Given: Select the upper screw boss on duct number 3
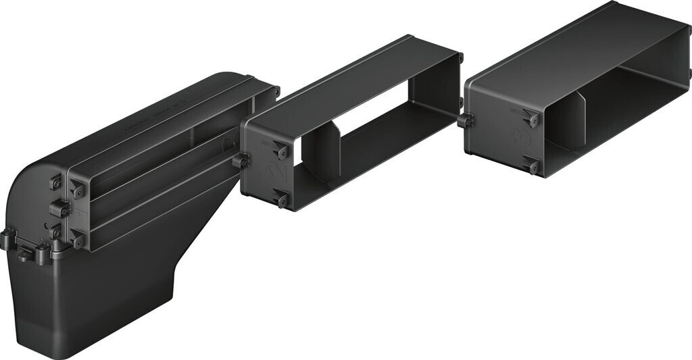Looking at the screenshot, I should [533, 119].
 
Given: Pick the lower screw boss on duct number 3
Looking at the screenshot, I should [534, 165].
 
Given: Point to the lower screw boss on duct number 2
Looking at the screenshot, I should [282, 199].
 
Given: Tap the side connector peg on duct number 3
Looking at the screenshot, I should [465, 121].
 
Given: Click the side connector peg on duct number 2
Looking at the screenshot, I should [240, 161].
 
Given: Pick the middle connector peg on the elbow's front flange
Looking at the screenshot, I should [59, 210].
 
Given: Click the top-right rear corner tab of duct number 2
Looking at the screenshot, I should [460, 58].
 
